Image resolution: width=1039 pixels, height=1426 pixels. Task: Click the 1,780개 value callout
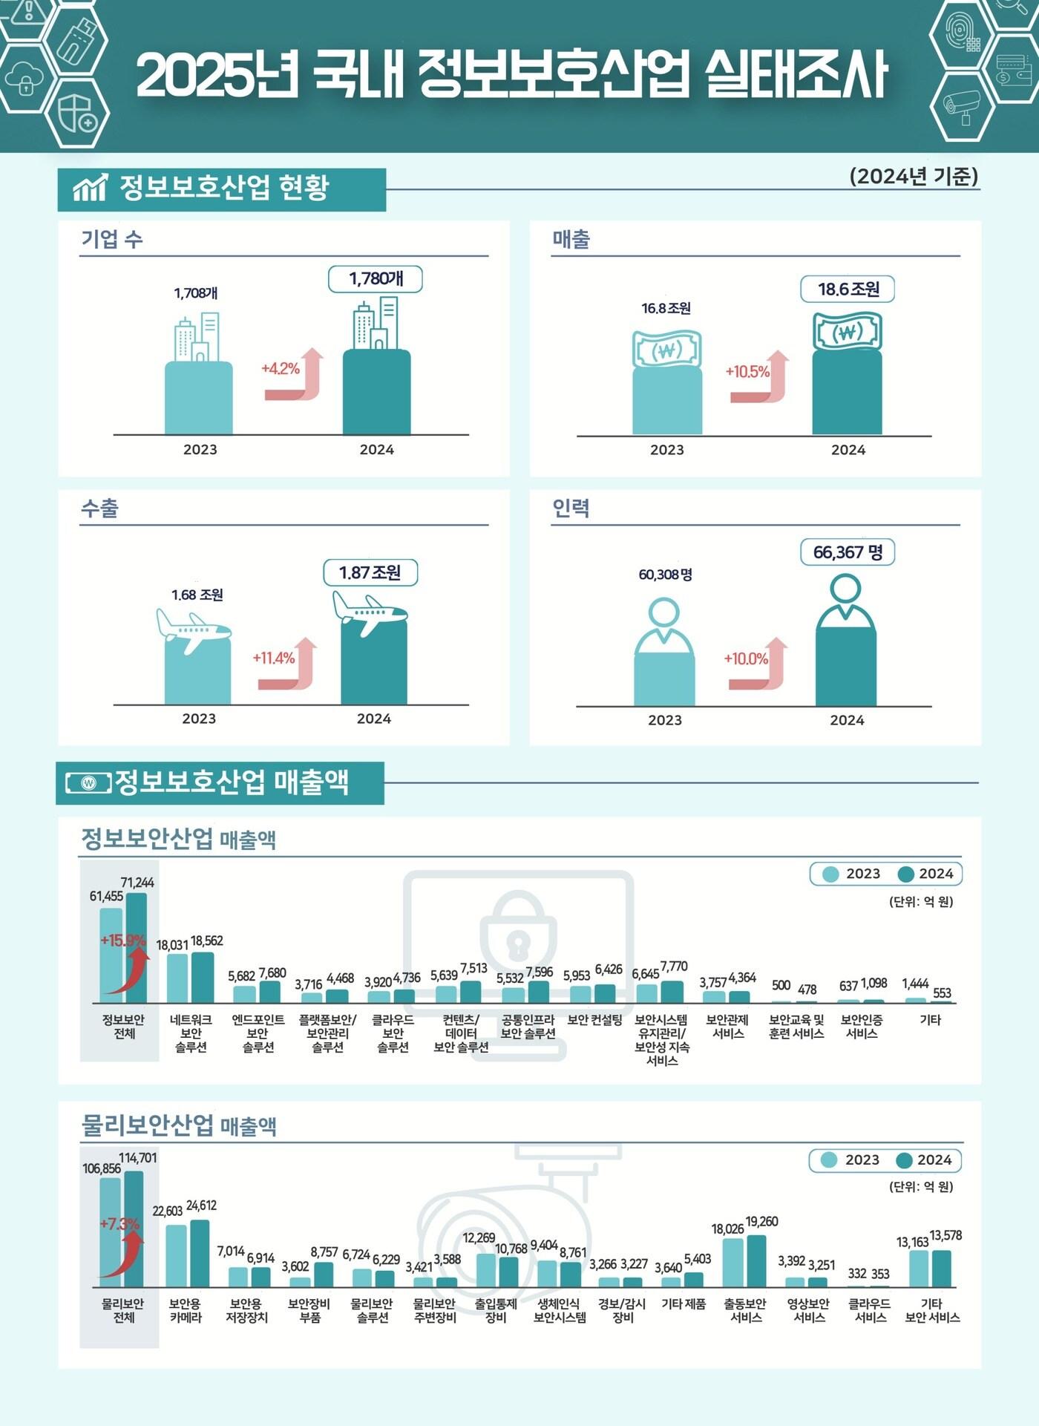[x=376, y=279]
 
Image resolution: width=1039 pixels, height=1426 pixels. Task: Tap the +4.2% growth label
[x=281, y=368]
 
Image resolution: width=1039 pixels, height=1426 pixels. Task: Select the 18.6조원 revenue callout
[x=848, y=289]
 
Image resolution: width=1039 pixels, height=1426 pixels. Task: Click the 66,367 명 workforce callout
[x=848, y=552]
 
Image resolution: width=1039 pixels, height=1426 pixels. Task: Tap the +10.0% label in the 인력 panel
[x=746, y=658]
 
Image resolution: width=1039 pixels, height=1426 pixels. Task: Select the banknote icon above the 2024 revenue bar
[x=848, y=332]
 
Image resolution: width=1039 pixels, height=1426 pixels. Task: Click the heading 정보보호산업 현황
[x=223, y=188]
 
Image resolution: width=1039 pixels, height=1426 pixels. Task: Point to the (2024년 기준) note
[x=914, y=176]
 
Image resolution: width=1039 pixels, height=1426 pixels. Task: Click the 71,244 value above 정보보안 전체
[x=137, y=883]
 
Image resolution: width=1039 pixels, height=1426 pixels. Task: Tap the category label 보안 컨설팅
[x=594, y=1020]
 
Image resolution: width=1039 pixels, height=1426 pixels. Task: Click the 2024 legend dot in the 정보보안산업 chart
[x=905, y=874]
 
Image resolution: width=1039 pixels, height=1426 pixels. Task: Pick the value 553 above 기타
[x=942, y=992]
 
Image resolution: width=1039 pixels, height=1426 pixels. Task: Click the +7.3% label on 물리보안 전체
[x=119, y=1223]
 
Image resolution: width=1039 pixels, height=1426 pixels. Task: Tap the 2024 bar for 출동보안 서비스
[x=756, y=1260]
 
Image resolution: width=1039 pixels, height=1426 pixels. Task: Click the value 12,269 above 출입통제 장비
[x=479, y=1237]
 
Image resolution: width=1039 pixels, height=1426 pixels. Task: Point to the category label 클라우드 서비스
[x=870, y=1310]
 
